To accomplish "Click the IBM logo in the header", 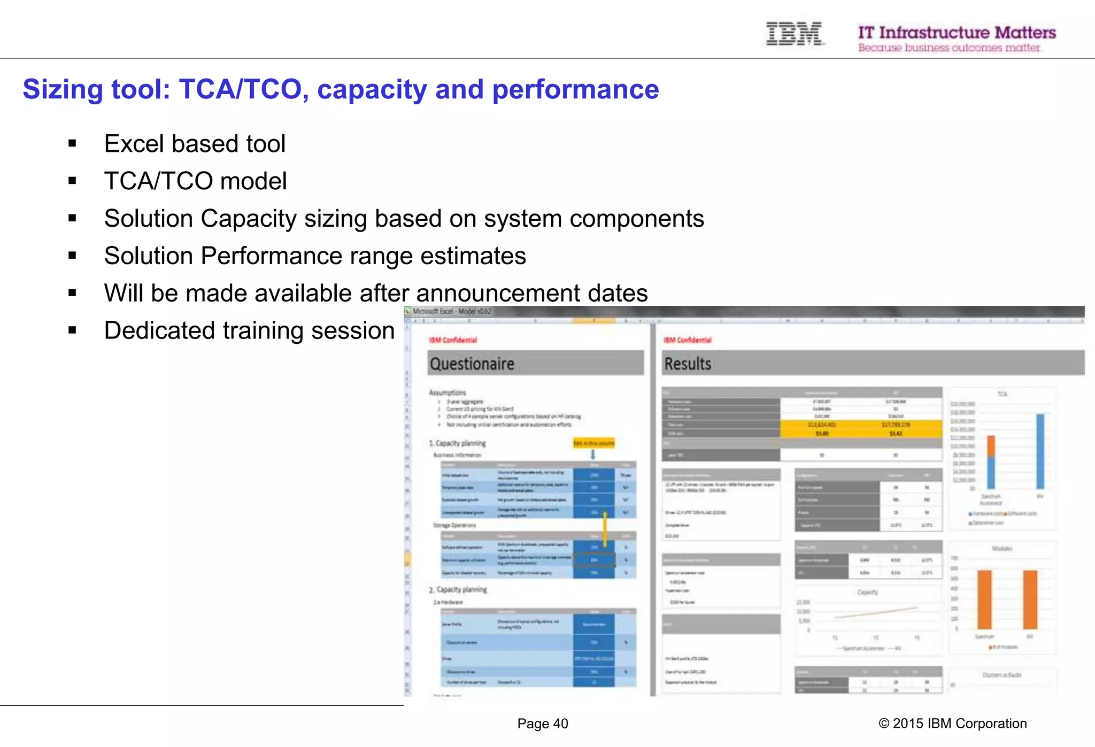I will pos(794,34).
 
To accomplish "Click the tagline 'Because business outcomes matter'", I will pos(949,48).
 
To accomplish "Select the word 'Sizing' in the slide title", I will pos(62,89).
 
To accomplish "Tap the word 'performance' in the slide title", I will pos(575,89).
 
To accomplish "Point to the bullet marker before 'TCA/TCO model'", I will pos(72,181).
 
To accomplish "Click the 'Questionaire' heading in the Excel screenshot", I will pos(472,364).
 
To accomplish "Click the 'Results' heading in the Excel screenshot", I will pos(688,364).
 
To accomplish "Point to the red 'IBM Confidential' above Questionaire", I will pos(453,340).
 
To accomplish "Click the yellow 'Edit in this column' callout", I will pos(593,443).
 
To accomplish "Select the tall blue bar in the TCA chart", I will pos(1040,451).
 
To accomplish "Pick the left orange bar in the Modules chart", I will pos(984,599).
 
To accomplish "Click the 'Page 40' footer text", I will pos(542,724).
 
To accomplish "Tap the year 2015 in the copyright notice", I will pos(908,724).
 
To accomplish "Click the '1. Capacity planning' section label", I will pos(458,443).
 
